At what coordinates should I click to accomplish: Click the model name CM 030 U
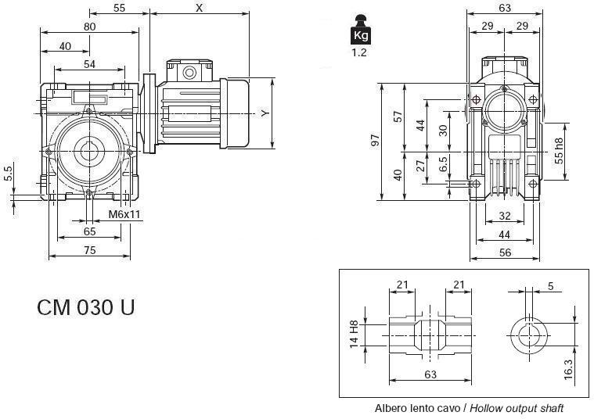pyautogui.click(x=85, y=307)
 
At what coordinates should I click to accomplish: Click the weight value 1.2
pyautogui.click(x=358, y=53)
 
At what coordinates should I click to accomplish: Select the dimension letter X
pyautogui.click(x=199, y=8)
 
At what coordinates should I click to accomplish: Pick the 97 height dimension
pyautogui.click(x=376, y=141)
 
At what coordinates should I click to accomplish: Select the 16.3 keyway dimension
pyautogui.click(x=569, y=367)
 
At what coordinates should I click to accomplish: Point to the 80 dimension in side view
pyautogui.click(x=89, y=27)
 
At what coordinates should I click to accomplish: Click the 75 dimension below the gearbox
pyautogui.click(x=89, y=250)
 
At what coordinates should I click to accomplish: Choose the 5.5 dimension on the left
pyautogui.click(x=9, y=174)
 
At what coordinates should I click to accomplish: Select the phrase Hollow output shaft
pyautogui.click(x=517, y=408)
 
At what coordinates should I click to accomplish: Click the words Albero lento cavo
pyautogui.click(x=419, y=408)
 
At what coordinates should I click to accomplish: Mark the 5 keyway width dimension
pyautogui.click(x=550, y=287)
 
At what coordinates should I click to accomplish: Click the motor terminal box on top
pyautogui.click(x=188, y=71)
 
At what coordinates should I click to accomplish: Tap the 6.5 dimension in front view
pyautogui.click(x=444, y=165)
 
